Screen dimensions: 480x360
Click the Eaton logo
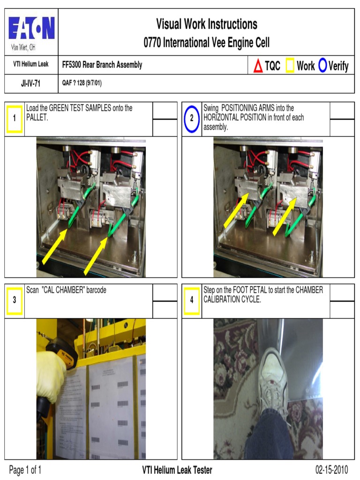tap(31, 29)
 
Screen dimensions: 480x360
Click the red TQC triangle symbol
tap(258, 66)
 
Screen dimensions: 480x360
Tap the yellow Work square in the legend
tap(290, 66)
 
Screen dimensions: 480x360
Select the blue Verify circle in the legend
tap(322, 66)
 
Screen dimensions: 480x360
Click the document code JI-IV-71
tap(30, 84)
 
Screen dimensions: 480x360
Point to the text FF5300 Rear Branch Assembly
tap(102, 65)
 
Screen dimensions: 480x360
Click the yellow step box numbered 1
tap(15, 118)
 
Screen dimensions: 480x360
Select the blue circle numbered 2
tap(192, 118)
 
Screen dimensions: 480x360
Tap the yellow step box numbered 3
tap(15, 300)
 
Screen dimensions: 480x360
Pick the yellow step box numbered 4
tap(192, 300)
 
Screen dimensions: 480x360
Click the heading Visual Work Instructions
tap(206, 24)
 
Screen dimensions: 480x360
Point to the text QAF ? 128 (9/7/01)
tap(82, 84)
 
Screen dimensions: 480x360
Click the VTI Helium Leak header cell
tap(30, 65)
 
